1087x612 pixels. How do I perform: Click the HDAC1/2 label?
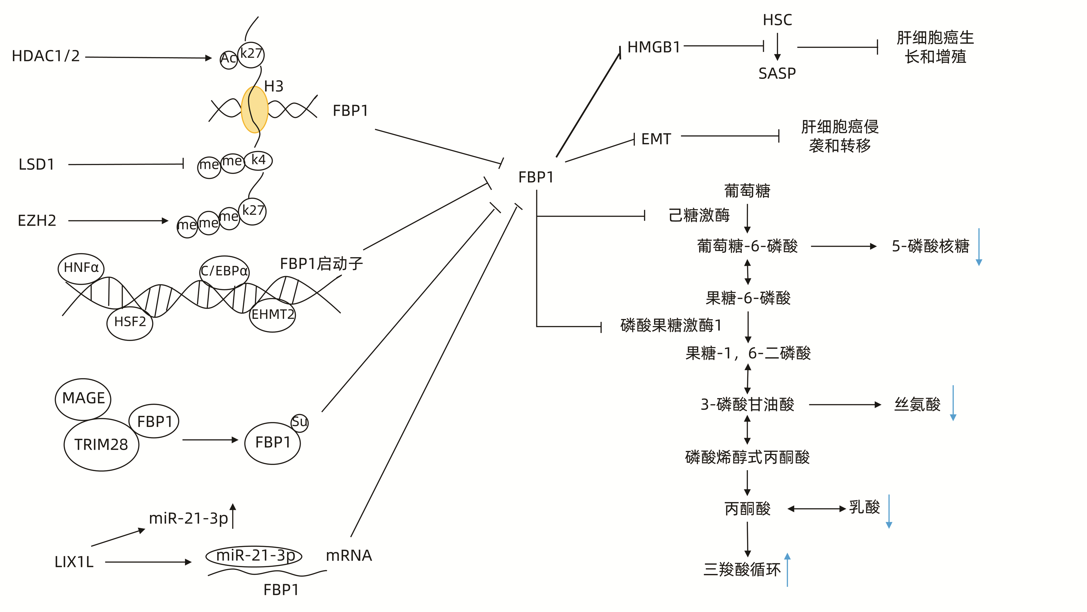pos(46,56)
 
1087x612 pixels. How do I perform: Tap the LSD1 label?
pos(37,165)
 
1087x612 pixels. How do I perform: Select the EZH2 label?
pos(37,221)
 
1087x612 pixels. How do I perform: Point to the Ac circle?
pos(228,59)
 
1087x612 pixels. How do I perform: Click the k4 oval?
pos(258,161)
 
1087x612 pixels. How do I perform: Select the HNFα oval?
pos(81,268)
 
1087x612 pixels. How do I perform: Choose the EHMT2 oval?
pos(273,315)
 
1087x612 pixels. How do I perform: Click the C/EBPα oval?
pos(224,271)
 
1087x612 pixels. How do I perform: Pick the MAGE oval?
pos(83,398)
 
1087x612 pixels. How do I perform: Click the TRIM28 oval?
pos(101,444)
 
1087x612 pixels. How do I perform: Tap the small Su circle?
pos(300,422)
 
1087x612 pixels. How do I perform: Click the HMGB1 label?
pos(653,47)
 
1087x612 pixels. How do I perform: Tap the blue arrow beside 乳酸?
pos(889,512)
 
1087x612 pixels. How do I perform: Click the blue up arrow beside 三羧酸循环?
pos(787,570)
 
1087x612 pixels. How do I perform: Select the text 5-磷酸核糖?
pos(930,246)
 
